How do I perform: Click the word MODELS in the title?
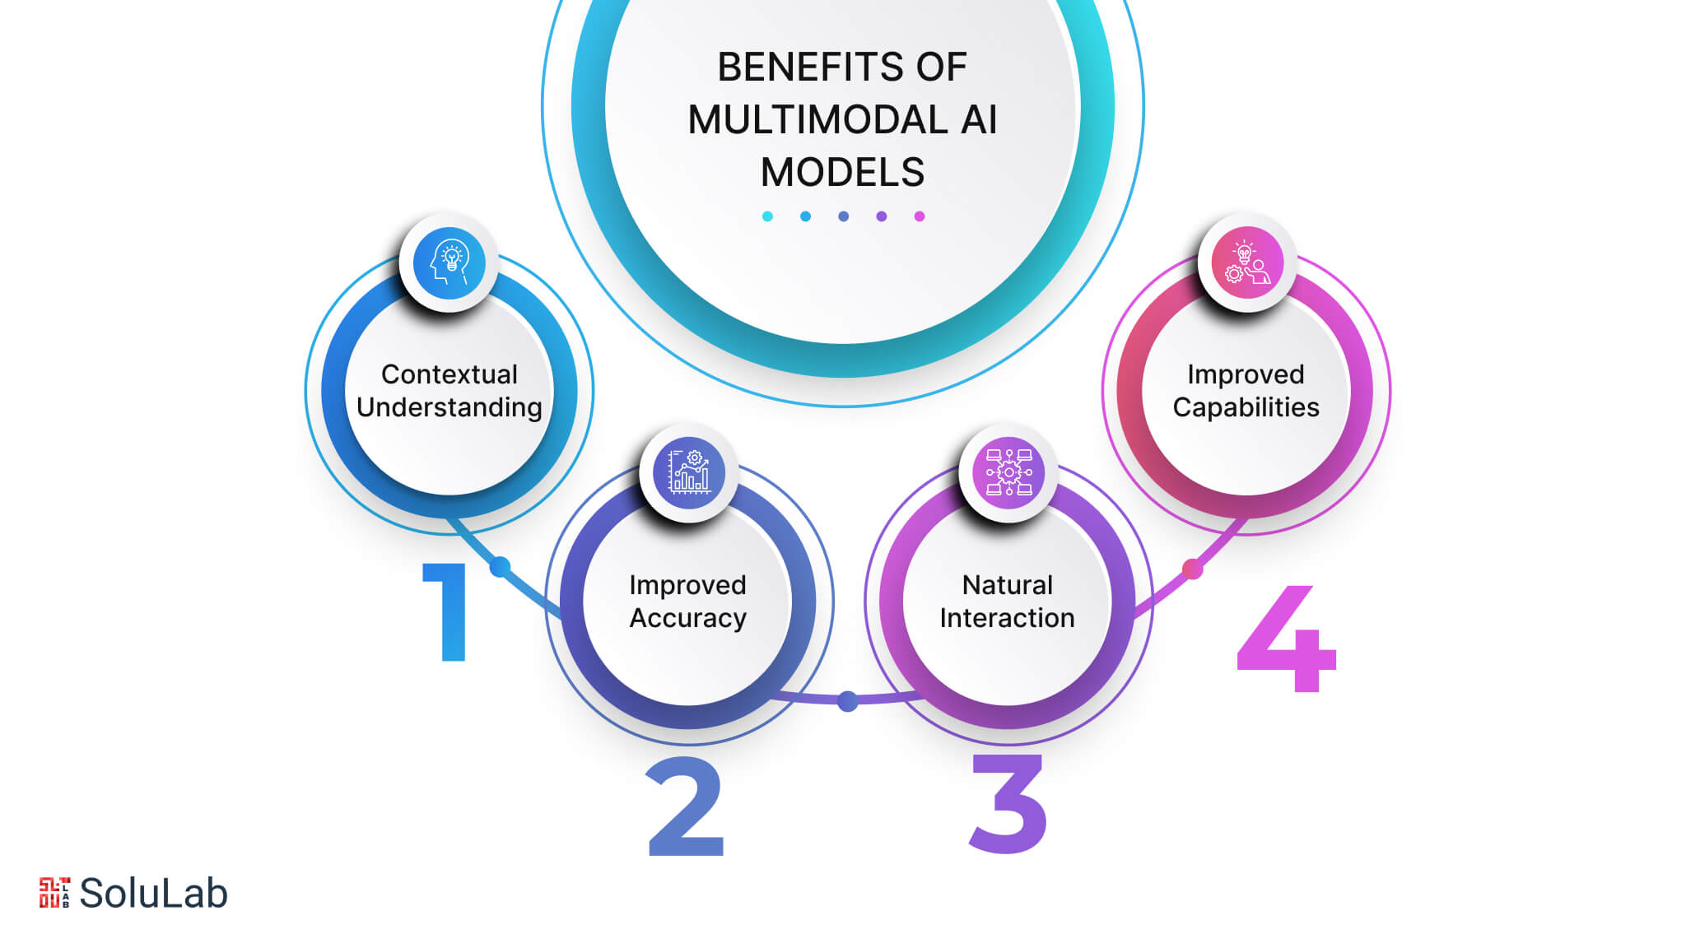click(x=842, y=173)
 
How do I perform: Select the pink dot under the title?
click(x=920, y=216)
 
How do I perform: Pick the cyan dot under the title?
click(x=767, y=216)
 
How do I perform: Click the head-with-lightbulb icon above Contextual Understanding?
click(x=449, y=263)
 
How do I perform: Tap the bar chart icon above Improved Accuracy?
click(x=688, y=472)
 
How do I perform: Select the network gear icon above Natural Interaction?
click(x=1008, y=472)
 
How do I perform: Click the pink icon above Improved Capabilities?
click(x=1246, y=263)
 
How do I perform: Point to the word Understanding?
click(x=449, y=407)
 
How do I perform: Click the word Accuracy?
click(x=688, y=618)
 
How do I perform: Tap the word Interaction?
click(x=1007, y=618)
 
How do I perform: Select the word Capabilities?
click(x=1246, y=407)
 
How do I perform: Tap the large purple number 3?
click(x=1009, y=804)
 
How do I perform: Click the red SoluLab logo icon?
click(x=54, y=893)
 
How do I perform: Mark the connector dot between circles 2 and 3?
click(x=848, y=701)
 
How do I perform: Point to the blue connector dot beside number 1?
click(x=500, y=566)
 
